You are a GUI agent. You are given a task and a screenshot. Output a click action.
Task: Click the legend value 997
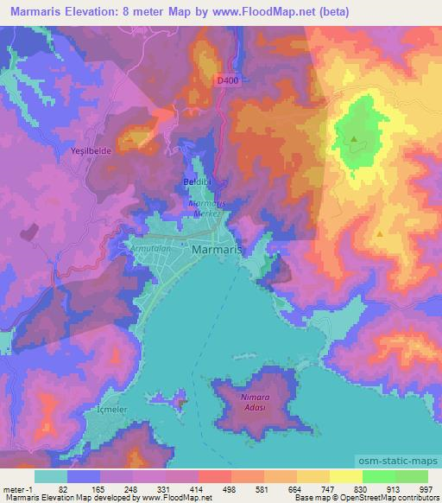tap(426, 488)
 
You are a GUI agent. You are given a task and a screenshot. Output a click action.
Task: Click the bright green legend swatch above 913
tap(377, 476)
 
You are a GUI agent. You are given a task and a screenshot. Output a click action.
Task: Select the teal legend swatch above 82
tap(51, 476)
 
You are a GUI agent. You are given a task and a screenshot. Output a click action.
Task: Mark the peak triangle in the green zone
tap(354, 139)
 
